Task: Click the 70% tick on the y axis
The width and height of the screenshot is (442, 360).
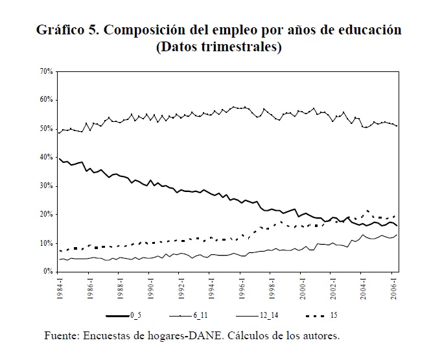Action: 46,71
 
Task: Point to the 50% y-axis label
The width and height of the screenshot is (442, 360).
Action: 46,128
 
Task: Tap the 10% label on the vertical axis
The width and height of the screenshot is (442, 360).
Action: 46,243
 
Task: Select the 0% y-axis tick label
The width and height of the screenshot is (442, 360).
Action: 48,272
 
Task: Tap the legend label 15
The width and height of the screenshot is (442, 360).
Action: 333,316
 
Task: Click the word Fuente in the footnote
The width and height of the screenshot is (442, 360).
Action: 63,336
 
